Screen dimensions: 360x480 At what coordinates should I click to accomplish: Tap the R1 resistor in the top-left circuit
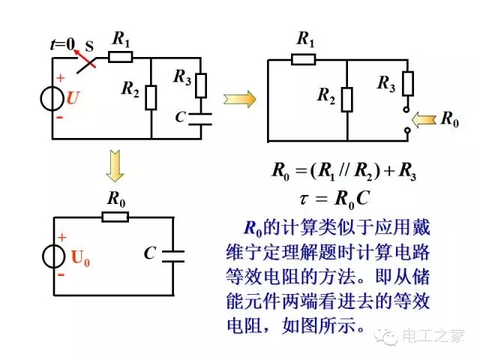[121, 56]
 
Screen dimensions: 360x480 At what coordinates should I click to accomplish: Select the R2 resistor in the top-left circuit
[151, 97]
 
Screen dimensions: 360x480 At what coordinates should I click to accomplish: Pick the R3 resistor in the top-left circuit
[201, 85]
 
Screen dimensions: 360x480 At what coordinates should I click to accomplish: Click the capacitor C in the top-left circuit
[201, 118]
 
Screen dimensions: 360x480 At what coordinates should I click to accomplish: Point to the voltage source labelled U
[53, 98]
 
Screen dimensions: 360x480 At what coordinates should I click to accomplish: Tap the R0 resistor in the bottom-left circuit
[116, 217]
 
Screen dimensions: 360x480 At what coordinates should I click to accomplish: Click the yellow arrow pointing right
[239, 98]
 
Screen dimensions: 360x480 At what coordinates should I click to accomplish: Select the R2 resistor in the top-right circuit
[346, 97]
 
